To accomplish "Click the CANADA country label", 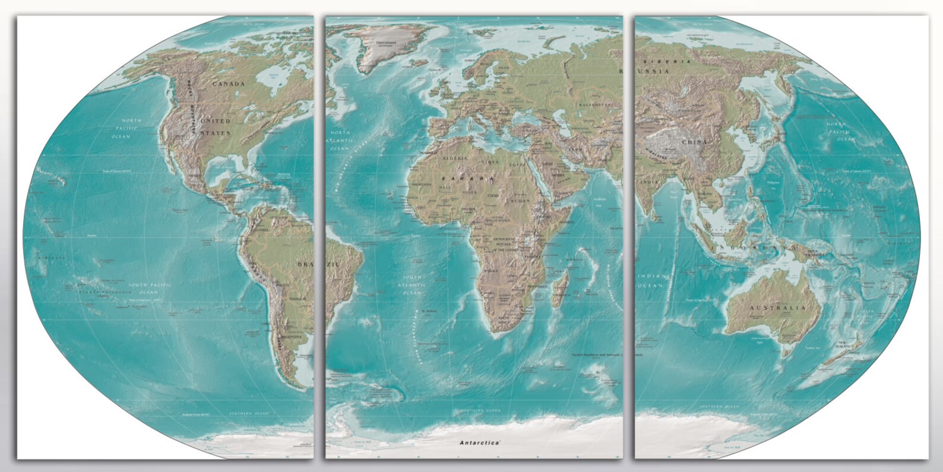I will (229, 84).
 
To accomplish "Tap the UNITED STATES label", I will (215, 127).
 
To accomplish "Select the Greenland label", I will (385, 42).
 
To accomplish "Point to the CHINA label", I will (695, 142).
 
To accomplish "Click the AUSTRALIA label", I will (777, 308).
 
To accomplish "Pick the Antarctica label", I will (479, 443).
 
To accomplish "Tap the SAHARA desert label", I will (467, 178).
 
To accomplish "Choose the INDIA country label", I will (649, 182).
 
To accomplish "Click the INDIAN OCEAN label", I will (652, 281).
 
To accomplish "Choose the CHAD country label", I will (493, 195).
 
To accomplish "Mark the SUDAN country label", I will (520, 201).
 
